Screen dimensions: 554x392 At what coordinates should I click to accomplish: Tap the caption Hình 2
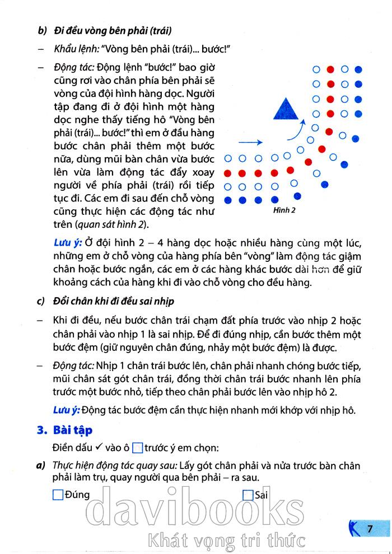[286, 210]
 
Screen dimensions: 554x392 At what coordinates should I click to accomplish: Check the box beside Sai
[248, 495]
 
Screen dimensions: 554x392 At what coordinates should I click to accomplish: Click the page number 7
[370, 528]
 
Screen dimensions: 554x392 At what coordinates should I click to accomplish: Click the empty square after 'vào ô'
[138, 448]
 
